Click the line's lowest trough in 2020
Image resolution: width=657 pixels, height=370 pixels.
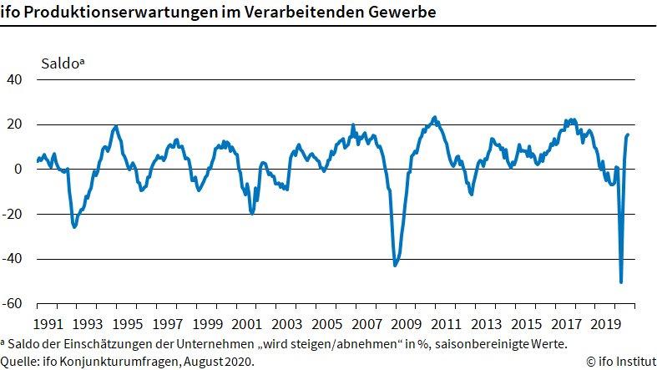click(620, 282)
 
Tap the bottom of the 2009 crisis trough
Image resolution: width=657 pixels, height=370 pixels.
click(395, 266)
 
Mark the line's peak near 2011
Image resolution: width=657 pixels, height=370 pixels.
click(434, 118)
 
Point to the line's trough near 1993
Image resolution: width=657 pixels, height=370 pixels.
click(74, 226)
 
